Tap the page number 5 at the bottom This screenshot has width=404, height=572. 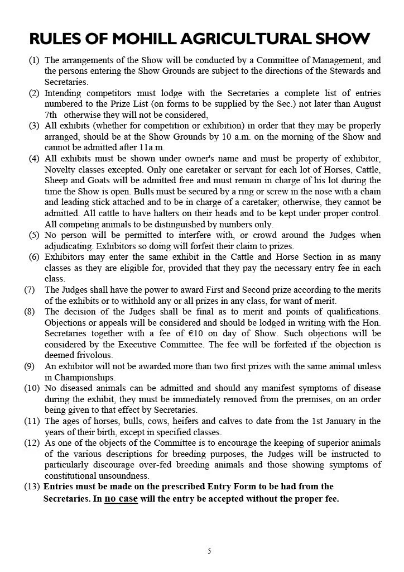[x=209, y=551]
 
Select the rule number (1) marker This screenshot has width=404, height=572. [x=34, y=60]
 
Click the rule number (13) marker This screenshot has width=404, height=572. [x=31, y=487]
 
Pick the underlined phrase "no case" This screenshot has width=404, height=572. [x=121, y=498]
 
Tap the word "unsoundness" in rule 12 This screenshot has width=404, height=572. [x=121, y=475]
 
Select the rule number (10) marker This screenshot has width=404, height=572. [x=31, y=388]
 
